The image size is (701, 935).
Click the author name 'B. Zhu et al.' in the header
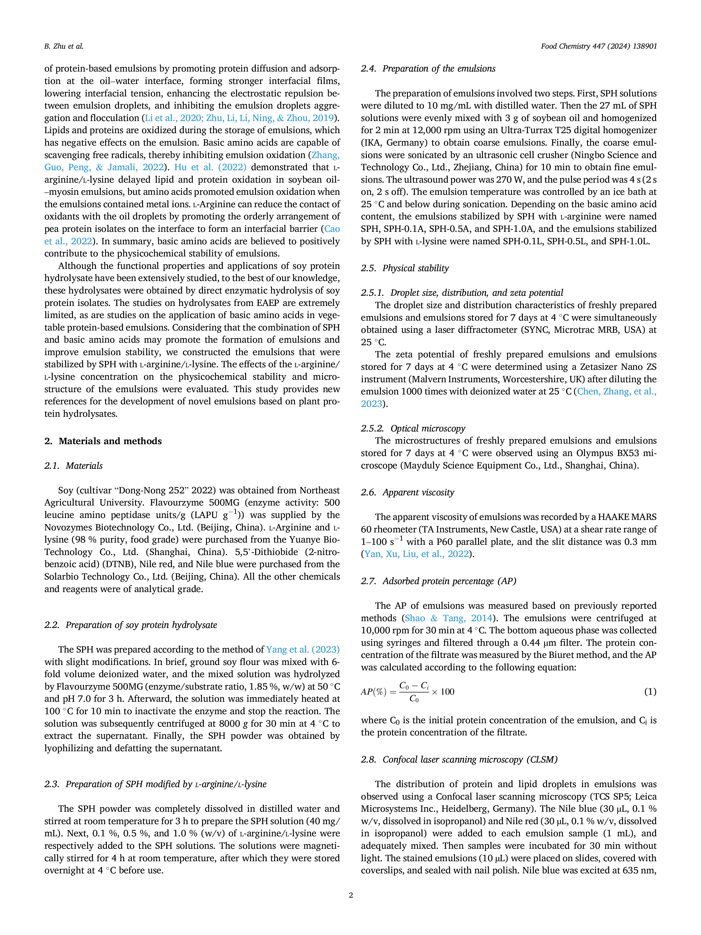pos(64,46)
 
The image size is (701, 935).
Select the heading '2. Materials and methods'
pos(103,441)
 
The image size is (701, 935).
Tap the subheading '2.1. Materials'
pos(73,466)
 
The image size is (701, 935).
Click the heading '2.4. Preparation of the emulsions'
pos(428,68)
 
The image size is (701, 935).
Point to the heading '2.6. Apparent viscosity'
pos(407,493)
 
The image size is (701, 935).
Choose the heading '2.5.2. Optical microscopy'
pos(413,429)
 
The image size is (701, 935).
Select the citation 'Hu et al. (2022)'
pos(210,167)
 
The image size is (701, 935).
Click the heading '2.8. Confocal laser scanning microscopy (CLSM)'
pos(459,760)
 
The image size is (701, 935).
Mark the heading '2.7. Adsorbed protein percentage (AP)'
pos(439,581)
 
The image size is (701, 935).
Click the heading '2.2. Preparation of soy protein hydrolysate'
pos(131,625)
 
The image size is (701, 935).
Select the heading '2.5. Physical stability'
pos(405,268)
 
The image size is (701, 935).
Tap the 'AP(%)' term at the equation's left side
pos(373,692)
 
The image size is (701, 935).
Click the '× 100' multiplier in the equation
pos(443,692)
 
